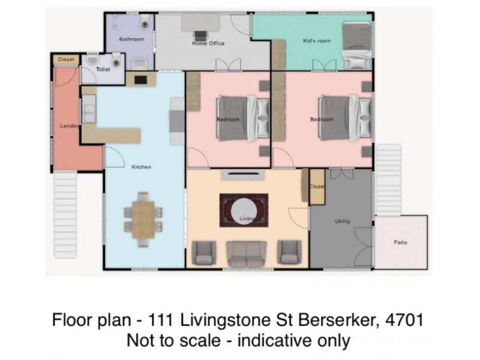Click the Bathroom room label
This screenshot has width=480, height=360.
click(x=131, y=40)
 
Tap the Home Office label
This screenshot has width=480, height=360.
click(x=208, y=43)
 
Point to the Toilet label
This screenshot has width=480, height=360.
click(x=103, y=70)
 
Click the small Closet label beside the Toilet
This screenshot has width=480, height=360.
click(x=65, y=59)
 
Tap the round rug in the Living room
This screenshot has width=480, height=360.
click(x=244, y=210)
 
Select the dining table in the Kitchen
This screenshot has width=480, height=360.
click(x=143, y=218)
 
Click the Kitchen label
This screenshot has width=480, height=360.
click(x=141, y=167)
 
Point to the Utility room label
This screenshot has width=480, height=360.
click(x=342, y=221)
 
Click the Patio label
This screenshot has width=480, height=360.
click(x=400, y=242)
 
